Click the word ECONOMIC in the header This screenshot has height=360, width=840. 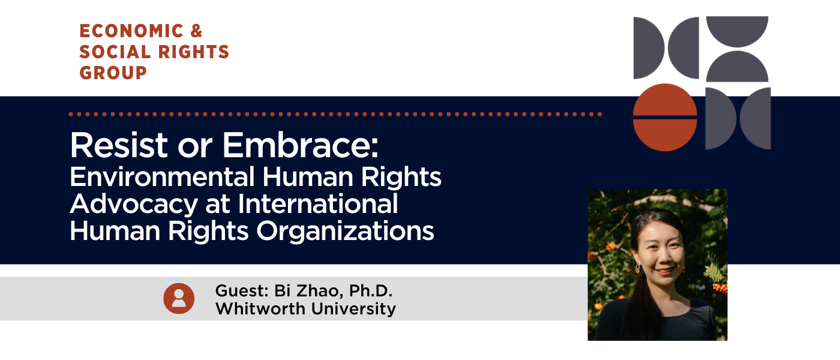[x=123, y=31]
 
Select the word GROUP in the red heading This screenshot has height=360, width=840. [x=113, y=73]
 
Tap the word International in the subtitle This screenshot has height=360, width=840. [x=319, y=204]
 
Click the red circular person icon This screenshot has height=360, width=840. [x=179, y=298]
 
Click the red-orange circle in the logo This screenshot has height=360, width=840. [x=665, y=117]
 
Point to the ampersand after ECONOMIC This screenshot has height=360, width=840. [x=195, y=31]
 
